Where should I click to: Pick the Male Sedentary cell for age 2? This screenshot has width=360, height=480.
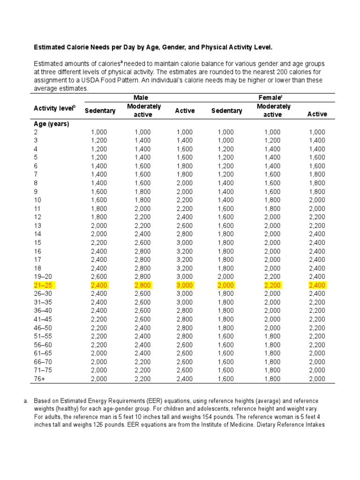99,132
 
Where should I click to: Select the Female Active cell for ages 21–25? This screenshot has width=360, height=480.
317,285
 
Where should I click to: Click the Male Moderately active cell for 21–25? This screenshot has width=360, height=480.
142,285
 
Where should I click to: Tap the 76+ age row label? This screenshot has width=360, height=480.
40,378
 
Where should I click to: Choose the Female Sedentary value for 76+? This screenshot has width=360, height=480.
226,378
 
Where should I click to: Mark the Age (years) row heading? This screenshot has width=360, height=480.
52,124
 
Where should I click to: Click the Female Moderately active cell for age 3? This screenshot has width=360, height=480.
272,141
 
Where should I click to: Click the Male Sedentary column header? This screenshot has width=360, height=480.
99,111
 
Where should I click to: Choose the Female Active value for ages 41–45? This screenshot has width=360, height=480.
317,319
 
